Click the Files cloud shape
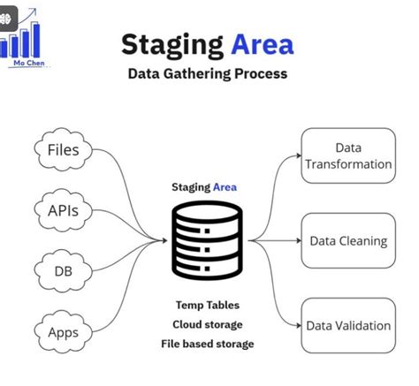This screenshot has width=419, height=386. [x=63, y=149]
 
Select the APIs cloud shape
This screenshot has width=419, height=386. [x=63, y=210]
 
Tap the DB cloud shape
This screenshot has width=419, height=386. [x=63, y=271]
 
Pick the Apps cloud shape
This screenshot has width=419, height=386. [x=63, y=332]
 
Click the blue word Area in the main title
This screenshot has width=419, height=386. [x=263, y=44]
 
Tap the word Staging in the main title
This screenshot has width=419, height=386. [x=172, y=44]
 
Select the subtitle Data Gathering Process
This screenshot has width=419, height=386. [x=208, y=73]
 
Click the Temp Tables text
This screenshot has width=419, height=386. [x=207, y=305]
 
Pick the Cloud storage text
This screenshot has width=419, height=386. [x=207, y=324]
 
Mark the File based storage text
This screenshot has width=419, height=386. [x=207, y=343]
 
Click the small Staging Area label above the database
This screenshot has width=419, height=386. [x=204, y=187]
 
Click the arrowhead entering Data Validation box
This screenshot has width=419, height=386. [x=298, y=325]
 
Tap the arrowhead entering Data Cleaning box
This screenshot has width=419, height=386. [x=298, y=240]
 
